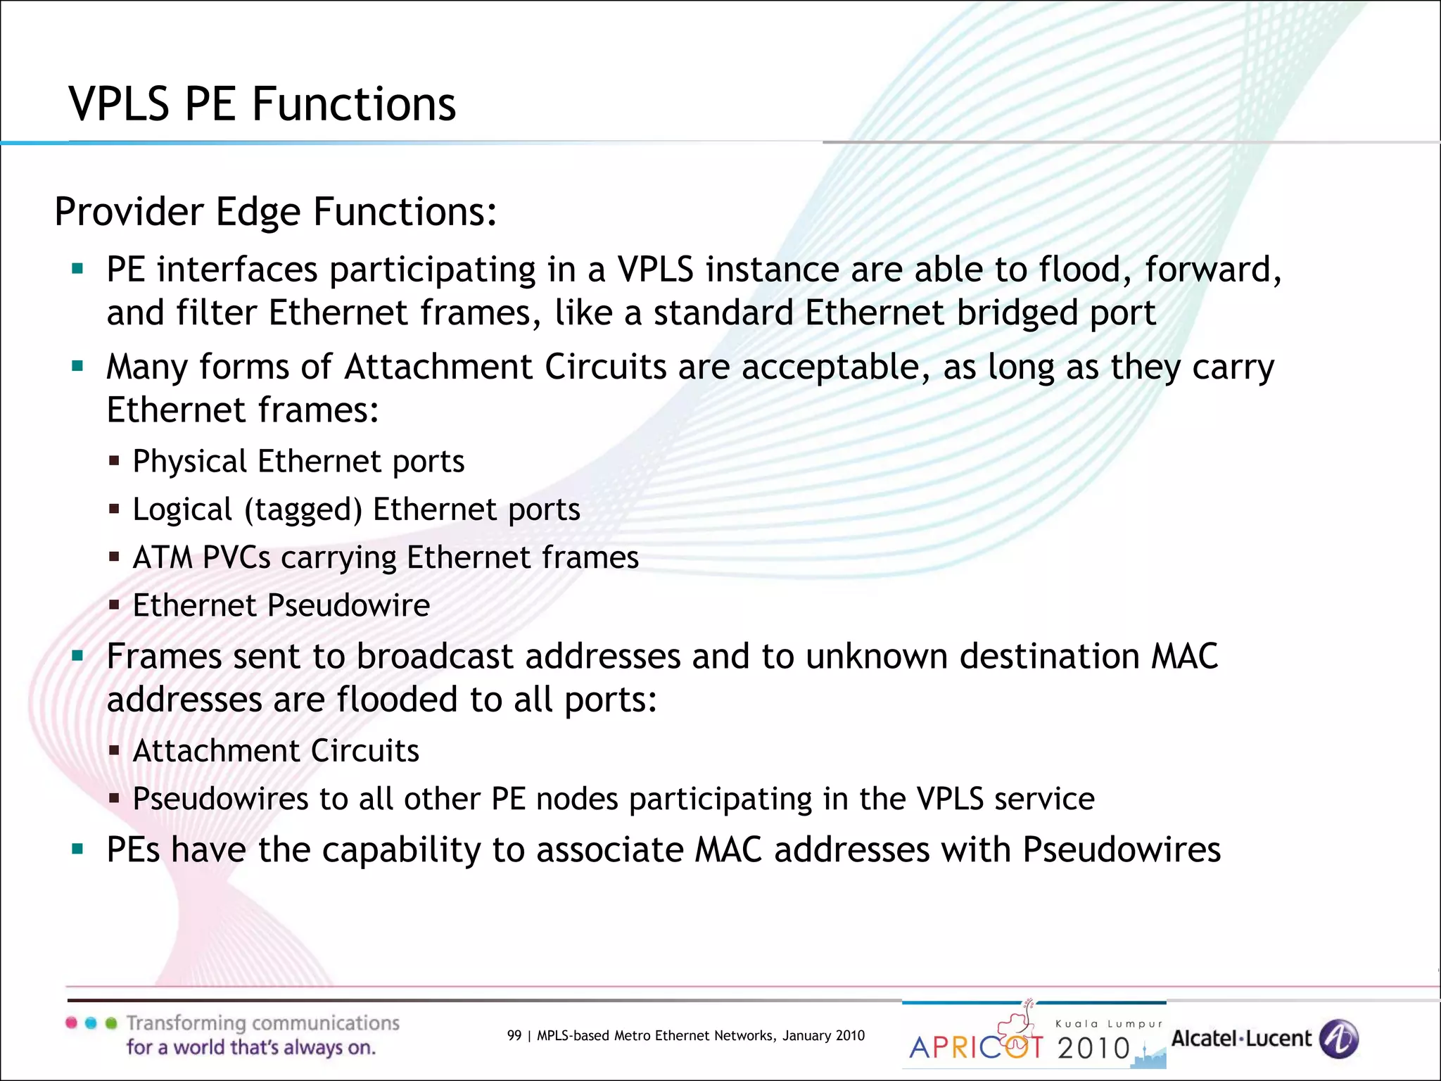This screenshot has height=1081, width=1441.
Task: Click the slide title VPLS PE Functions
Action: coord(262,104)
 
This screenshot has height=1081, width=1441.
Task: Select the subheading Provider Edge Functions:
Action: coord(275,211)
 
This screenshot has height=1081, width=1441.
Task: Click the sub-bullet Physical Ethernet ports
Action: coord(298,462)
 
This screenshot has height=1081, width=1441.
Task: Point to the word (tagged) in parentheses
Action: coord(303,510)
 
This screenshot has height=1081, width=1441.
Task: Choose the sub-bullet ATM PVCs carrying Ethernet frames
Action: coord(386,557)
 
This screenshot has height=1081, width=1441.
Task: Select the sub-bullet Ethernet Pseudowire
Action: coord(281,605)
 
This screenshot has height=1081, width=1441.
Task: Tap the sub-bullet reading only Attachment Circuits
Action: coord(276,751)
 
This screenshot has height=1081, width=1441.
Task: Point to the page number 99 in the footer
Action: coord(514,1035)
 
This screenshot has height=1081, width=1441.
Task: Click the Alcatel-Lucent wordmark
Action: coord(1241,1039)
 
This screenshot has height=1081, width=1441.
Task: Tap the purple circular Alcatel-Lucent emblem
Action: coord(1339,1039)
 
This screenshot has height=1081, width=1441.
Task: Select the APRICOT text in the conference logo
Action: coord(976,1047)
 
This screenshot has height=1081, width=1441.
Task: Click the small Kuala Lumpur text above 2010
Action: coord(1109,1024)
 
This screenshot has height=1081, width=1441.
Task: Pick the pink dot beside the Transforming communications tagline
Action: coord(72,1023)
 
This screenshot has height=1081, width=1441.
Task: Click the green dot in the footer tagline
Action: coord(111,1023)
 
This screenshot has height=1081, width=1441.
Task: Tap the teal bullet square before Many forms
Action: coord(77,365)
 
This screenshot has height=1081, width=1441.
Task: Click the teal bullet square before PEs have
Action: coord(77,849)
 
